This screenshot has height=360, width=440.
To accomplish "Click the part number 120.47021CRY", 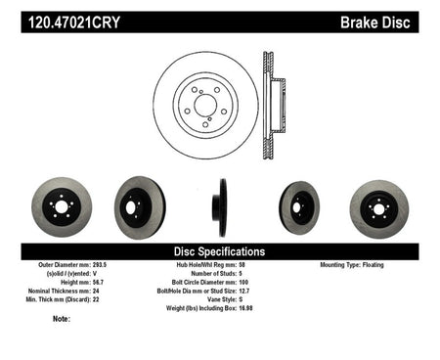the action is tap(74, 22).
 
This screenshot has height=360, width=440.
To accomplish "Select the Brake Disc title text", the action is tap(375, 22).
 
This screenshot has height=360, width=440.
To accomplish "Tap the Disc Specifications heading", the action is tap(219, 251).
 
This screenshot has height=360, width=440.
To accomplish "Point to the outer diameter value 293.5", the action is tap(100, 265).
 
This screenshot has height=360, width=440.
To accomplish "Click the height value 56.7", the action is tap(99, 283).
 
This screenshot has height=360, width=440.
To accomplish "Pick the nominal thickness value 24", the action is tap(96, 291).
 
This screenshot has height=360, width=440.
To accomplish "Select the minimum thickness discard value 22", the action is tap(96, 299).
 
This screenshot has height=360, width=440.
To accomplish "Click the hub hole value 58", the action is tap(242, 265).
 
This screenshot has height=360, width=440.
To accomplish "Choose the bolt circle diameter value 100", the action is tap(243, 283).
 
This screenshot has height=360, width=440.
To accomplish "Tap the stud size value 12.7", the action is tap(244, 291).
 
